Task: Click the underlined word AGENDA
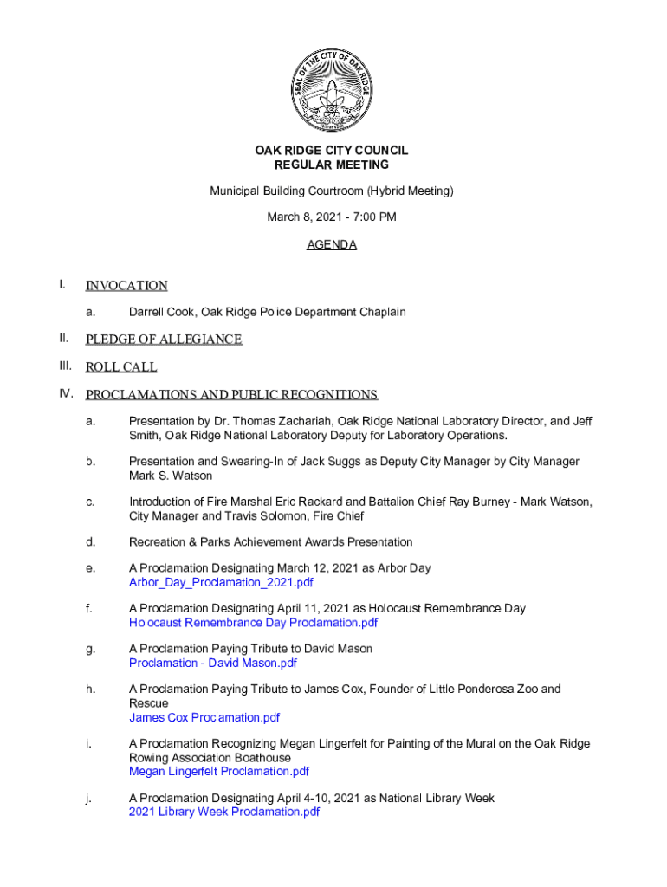click(x=332, y=245)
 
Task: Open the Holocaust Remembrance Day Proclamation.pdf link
click(x=253, y=623)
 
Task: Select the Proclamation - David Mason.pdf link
click(x=213, y=663)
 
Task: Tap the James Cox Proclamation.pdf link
click(x=204, y=717)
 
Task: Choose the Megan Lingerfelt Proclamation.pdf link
click(x=219, y=771)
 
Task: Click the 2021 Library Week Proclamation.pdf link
click(x=224, y=812)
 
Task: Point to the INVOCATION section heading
click(x=126, y=286)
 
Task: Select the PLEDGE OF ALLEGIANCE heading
click(x=164, y=340)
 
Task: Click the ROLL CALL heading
click(x=121, y=367)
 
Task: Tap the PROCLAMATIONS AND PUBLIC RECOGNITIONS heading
click(x=231, y=395)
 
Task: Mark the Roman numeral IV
click(x=66, y=394)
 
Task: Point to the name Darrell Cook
click(x=162, y=312)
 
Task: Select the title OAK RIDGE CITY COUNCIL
click(x=332, y=151)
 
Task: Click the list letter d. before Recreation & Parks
click(x=89, y=542)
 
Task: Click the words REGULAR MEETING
click(x=332, y=165)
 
